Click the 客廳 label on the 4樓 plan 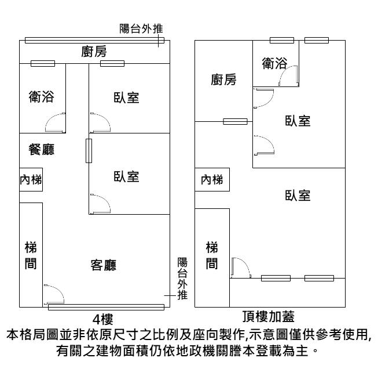[104, 265]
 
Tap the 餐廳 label [41, 150]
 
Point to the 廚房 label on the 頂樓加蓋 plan [223, 80]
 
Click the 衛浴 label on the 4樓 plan [41, 97]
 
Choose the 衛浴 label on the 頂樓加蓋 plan [275, 63]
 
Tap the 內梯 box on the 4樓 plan [31, 179]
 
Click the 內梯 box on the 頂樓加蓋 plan [212, 180]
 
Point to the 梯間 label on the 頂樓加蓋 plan [212, 256]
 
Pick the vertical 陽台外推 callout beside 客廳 [182, 279]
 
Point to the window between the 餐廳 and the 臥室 [89, 151]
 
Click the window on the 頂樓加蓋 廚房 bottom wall [235, 121]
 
